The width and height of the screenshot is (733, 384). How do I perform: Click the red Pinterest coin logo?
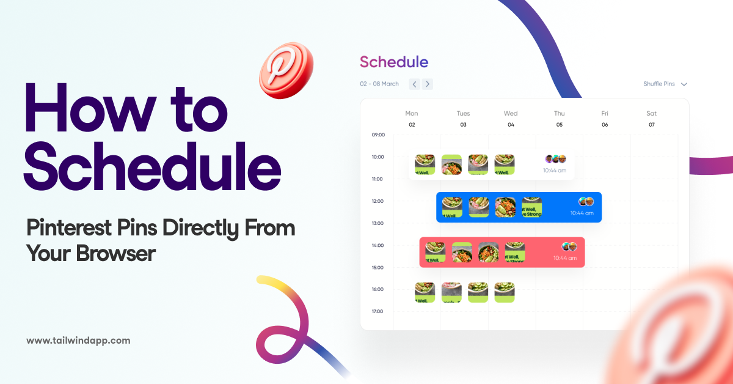coord(286,70)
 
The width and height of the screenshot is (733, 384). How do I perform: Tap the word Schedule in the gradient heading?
coord(394,62)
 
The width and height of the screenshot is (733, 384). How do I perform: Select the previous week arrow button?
coord(414,84)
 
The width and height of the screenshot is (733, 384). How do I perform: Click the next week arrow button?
coord(428,84)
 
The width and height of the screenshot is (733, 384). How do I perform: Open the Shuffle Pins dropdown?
coord(665,84)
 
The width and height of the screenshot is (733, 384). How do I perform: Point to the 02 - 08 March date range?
coord(379,84)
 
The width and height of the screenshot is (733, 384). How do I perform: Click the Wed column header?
coord(511,113)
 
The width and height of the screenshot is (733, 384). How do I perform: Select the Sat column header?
coord(652,113)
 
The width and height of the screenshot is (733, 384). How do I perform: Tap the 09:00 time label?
coord(378,135)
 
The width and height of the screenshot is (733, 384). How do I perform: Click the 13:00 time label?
coord(378,223)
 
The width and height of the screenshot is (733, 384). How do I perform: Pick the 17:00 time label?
coord(378,311)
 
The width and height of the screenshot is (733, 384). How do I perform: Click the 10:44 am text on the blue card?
coord(582,213)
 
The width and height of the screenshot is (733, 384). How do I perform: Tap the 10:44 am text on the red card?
coord(565,258)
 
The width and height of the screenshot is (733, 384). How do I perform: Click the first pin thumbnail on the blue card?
coord(452,207)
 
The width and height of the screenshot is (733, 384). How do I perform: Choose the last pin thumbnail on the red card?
coord(515,252)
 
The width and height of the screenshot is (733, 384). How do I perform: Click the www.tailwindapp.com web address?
coord(78,341)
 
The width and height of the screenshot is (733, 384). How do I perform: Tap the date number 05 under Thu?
coord(559,125)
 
